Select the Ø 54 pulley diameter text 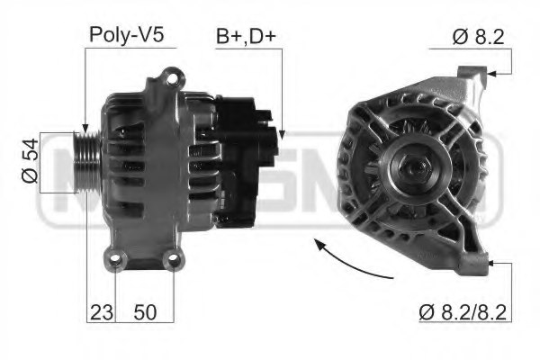click(29, 163)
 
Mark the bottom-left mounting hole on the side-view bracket click(115, 262)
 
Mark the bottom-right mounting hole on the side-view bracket click(171, 262)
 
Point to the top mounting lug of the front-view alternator click(473, 76)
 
